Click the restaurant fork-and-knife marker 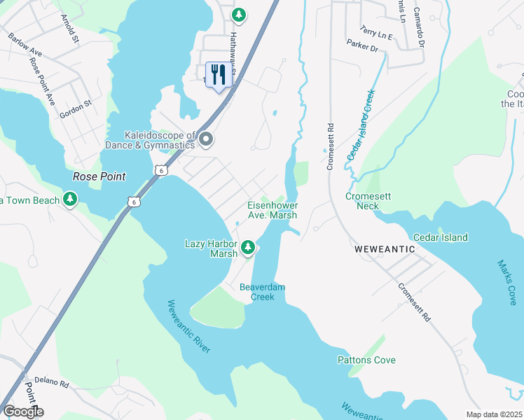[x=219, y=75]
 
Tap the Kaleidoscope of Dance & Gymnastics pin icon [x=206, y=140]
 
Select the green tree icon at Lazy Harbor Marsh [x=248, y=247]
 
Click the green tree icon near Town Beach [x=70, y=200]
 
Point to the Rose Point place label [x=99, y=177]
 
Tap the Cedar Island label [x=440, y=237]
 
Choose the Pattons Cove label [x=366, y=360]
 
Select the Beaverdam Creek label [x=263, y=292]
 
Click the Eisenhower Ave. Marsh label [x=273, y=210]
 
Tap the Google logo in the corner [x=22, y=412]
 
